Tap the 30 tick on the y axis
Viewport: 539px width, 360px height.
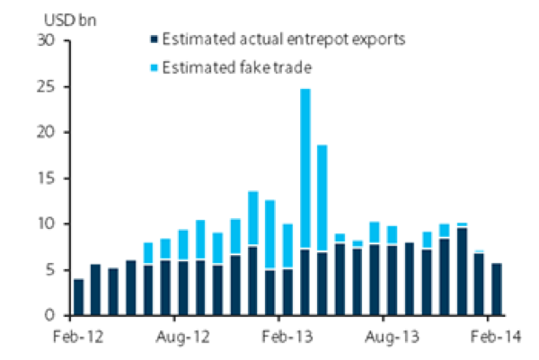click(x=47, y=41)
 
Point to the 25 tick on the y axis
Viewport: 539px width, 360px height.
click(x=47, y=87)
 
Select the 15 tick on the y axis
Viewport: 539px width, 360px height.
click(x=47, y=179)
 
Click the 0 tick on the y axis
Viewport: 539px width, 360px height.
click(x=51, y=316)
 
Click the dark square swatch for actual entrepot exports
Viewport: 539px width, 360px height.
click(x=155, y=39)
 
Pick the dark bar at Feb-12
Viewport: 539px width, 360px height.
click(x=79, y=297)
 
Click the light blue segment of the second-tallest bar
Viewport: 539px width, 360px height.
click(x=322, y=198)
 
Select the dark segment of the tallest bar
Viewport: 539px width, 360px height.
click(x=305, y=282)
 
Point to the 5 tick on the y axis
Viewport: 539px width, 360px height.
click(x=51, y=270)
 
